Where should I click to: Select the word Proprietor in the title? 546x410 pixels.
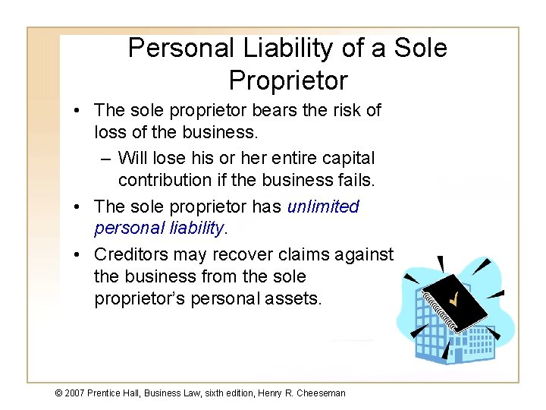pos(287,80)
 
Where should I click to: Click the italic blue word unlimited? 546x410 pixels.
pos(323,207)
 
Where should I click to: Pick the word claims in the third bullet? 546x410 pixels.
pos(293,254)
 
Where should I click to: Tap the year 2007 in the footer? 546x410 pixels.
pos(74,393)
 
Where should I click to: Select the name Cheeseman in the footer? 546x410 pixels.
pos(322,393)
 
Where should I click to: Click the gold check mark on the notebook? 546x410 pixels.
pos(454,301)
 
